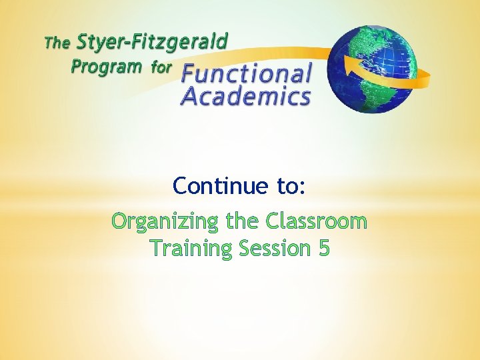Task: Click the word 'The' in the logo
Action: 56,44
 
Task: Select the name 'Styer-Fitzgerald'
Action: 152,42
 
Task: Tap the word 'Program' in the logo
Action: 106,67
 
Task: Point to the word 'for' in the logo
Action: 161,67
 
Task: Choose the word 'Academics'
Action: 246,97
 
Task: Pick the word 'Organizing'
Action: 166,221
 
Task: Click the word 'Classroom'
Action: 316,220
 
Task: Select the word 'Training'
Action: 191,248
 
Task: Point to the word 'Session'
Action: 275,248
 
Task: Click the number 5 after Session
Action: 324,248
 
